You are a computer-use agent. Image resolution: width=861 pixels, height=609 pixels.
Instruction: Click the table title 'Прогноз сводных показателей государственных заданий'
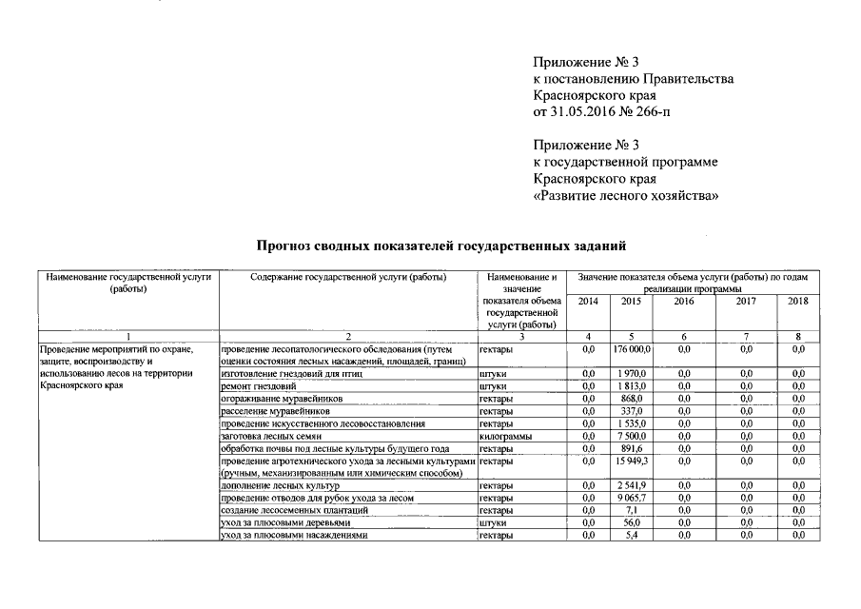click(x=441, y=246)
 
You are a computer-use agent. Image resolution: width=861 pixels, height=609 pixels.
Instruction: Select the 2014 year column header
click(x=587, y=301)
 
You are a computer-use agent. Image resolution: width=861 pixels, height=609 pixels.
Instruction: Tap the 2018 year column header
click(x=797, y=301)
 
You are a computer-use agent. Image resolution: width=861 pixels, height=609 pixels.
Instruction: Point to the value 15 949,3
click(x=631, y=461)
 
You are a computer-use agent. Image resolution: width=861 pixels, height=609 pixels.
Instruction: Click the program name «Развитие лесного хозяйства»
click(x=625, y=196)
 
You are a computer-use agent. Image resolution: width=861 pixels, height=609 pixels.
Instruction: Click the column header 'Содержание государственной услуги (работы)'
click(x=348, y=277)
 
